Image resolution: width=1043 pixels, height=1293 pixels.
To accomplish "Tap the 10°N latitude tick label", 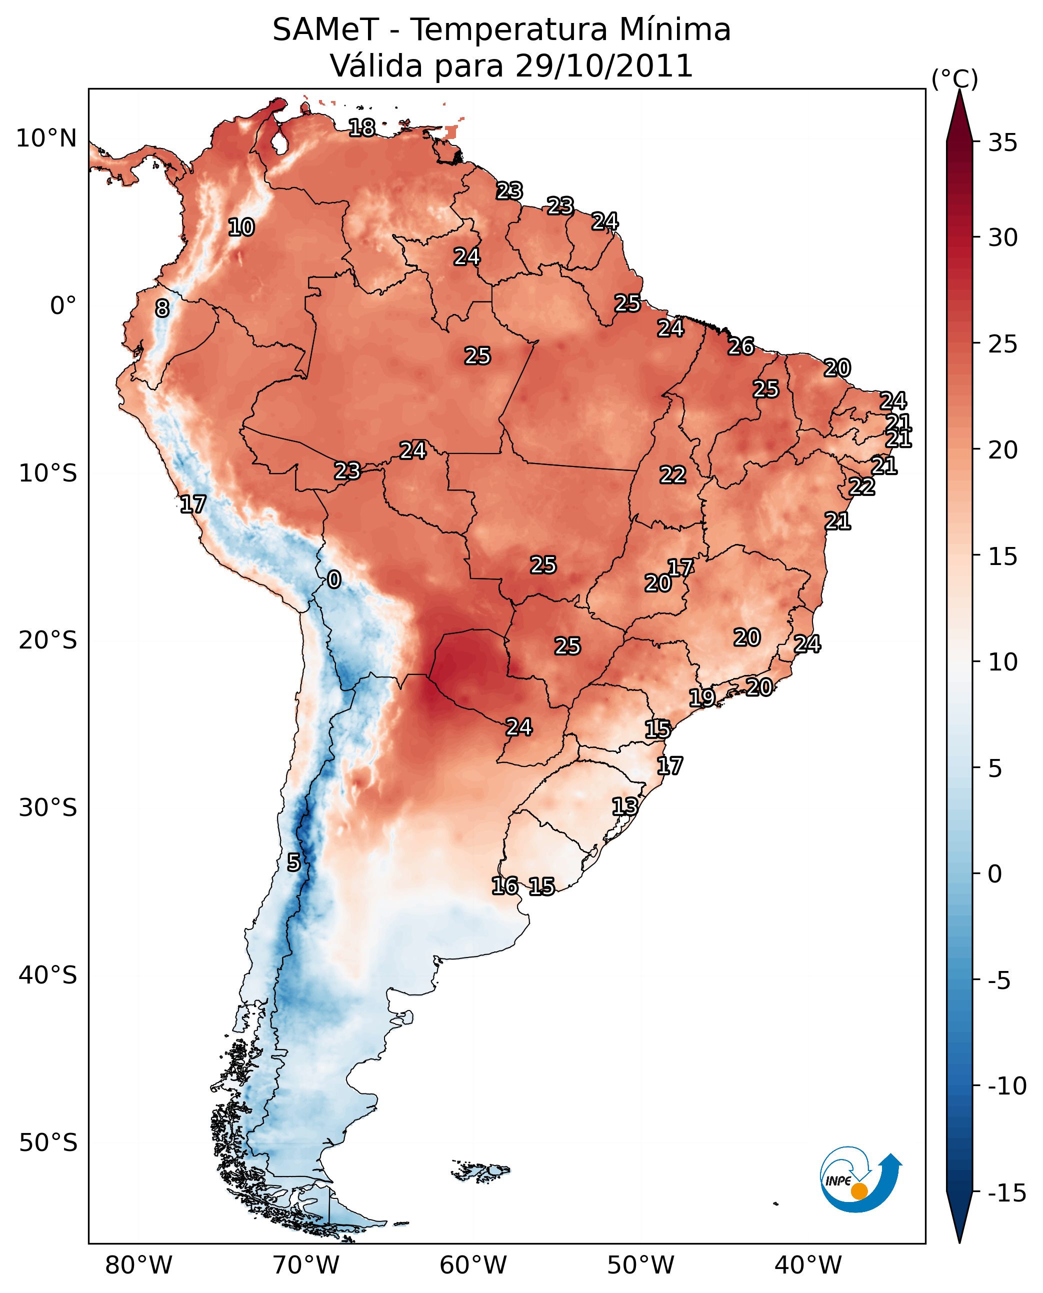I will click(x=46, y=139).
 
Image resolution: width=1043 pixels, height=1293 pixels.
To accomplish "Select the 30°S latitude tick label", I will click(x=48, y=808).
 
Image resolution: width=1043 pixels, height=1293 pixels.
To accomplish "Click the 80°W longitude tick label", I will click(x=139, y=1265).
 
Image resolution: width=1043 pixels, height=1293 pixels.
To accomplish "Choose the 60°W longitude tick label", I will click(x=473, y=1265).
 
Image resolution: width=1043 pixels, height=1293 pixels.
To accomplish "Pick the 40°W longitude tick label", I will click(x=808, y=1265).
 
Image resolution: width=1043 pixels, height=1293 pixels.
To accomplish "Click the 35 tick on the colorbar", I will click(x=1002, y=143).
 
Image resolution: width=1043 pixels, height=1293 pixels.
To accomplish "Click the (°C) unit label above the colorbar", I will click(x=954, y=78).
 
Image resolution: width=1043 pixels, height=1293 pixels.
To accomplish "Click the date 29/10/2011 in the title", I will click(x=604, y=66).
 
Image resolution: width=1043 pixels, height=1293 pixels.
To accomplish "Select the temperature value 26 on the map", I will click(x=741, y=346).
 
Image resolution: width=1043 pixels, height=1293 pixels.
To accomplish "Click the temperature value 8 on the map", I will click(x=162, y=308).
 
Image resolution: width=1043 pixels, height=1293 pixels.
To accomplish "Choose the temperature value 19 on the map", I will click(x=701, y=697).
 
